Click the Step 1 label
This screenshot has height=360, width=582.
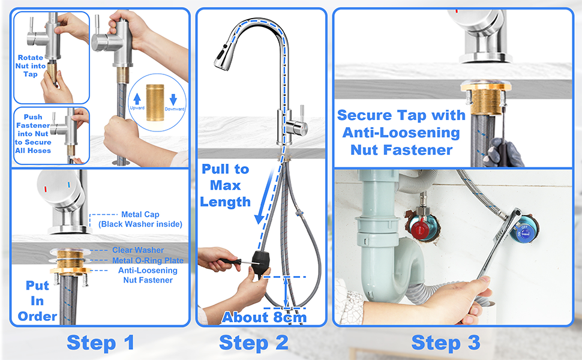pyautogui.click(x=100, y=342)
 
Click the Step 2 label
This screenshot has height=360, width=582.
pyautogui.click(x=254, y=342)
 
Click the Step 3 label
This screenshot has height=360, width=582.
pyautogui.click(x=446, y=342)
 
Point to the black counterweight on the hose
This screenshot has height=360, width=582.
pyautogui.click(x=261, y=263)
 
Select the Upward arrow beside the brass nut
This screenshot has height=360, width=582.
pyautogui.click(x=137, y=99)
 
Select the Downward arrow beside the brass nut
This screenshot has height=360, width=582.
pyautogui.click(x=173, y=100)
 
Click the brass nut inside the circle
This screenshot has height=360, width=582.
pyautogui.click(x=155, y=103)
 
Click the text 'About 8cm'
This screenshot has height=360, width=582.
pyautogui.click(x=264, y=317)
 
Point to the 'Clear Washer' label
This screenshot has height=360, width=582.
pyautogui.click(x=138, y=250)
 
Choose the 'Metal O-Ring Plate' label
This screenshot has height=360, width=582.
pyautogui.click(x=148, y=260)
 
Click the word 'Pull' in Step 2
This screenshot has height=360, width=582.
pyautogui.click(x=215, y=169)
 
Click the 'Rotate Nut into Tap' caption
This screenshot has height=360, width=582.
pyautogui.click(x=31, y=66)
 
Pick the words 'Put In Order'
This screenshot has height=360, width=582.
pyautogui.click(x=37, y=301)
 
